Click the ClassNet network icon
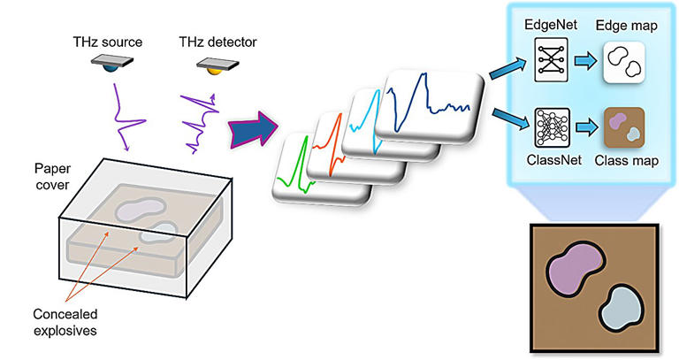click(x=547, y=126)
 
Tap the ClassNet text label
click(x=547, y=161)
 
